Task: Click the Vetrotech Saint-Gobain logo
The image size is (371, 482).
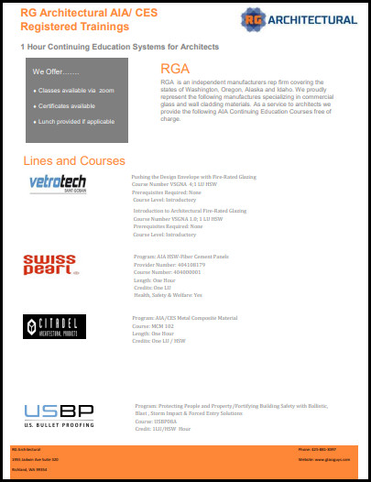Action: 58,183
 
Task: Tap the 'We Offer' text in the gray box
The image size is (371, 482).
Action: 56,71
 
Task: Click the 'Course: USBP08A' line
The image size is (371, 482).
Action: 156,422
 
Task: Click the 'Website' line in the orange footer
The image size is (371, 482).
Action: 324,457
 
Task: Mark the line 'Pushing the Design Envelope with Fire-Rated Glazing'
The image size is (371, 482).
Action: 193,176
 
